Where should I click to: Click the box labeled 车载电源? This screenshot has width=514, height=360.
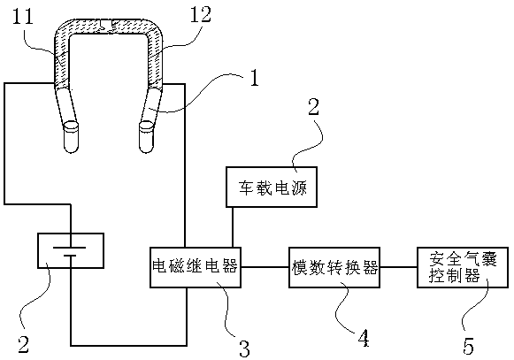272,187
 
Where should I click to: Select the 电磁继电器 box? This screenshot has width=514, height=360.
196,267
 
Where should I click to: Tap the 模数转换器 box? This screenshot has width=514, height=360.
334,267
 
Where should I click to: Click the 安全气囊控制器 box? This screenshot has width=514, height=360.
463,267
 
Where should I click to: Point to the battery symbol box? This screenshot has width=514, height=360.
71,251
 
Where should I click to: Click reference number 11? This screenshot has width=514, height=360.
23,16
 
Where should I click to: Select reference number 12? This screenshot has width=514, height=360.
201,14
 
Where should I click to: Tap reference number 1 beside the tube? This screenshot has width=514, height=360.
255,78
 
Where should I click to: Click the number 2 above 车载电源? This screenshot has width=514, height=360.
314,107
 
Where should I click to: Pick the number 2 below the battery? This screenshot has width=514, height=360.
23,344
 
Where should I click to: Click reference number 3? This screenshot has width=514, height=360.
244,349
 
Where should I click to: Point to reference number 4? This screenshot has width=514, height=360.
363,338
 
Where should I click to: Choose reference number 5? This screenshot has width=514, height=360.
468,346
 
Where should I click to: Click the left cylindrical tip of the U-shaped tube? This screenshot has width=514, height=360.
71,137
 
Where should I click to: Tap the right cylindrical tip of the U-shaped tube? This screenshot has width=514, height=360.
146,137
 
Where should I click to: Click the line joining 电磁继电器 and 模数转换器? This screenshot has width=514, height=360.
265,267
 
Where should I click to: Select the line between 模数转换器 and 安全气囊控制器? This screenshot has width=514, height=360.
398,267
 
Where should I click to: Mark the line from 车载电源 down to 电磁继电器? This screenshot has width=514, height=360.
233,227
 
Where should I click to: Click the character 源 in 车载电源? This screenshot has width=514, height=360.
299,188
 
